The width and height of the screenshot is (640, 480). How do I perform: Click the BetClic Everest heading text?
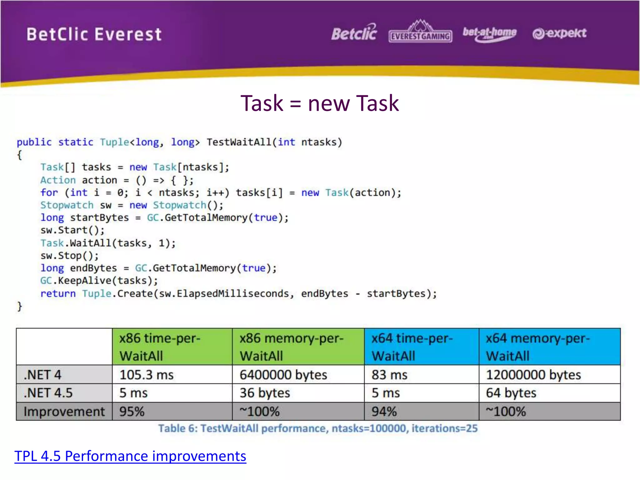[94, 34]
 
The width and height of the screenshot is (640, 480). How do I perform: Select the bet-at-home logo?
[489, 34]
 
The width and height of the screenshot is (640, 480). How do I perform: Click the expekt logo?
[559, 33]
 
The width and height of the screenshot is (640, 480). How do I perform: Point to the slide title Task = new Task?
[319, 103]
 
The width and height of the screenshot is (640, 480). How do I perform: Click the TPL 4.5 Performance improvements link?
[130, 456]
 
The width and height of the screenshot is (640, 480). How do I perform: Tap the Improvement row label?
[64, 411]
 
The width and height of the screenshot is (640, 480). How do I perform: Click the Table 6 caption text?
[317, 428]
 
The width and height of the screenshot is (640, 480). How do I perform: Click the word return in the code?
[58, 293]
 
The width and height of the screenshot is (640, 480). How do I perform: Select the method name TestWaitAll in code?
[239, 142]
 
